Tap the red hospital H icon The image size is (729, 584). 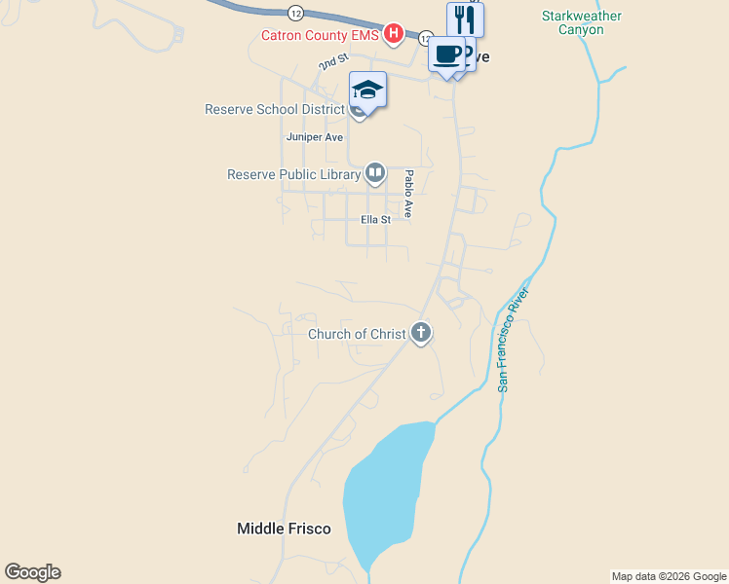[x=393, y=35]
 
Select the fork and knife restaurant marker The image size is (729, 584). [x=465, y=19]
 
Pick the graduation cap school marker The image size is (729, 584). [x=367, y=90]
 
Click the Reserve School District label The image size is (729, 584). [x=275, y=109]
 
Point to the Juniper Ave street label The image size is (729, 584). [x=314, y=137]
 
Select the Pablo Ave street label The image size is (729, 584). [x=409, y=194]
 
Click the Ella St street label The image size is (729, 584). [x=375, y=220]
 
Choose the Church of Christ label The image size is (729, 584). [x=357, y=334]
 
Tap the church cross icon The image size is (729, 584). [x=421, y=333]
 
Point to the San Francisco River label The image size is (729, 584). [x=513, y=340]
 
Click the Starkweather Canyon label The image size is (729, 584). [x=582, y=22]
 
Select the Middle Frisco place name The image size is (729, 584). [x=284, y=529]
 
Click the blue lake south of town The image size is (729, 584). [x=385, y=492]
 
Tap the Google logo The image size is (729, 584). [x=32, y=572]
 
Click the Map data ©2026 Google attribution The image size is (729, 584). [x=669, y=576]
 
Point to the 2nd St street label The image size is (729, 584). [x=332, y=62]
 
